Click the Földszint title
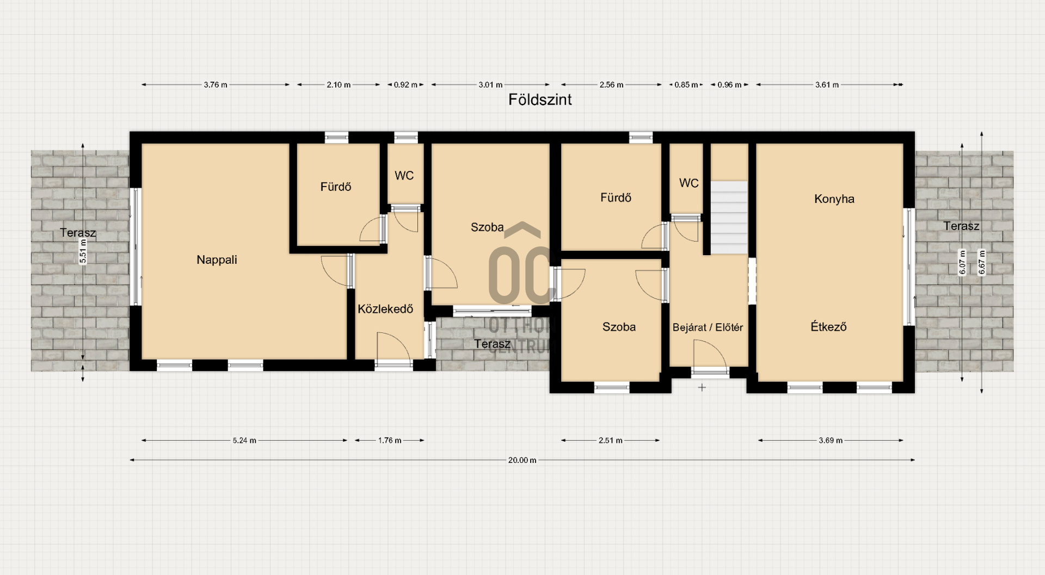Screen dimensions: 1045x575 point(540,100)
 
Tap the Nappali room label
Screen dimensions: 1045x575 point(217,260)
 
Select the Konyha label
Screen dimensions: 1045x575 point(834,199)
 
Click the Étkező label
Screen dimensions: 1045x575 point(828,327)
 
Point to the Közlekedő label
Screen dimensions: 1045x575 point(385,309)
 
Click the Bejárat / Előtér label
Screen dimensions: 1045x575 point(708,327)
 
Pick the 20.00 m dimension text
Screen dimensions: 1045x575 point(522,460)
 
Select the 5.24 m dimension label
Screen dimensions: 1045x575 point(244,441)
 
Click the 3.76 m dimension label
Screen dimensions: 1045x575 point(216,85)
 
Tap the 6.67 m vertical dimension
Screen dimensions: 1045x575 point(981,262)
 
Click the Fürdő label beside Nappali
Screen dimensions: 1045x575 point(336,187)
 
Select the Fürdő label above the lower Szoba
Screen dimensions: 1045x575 point(616,198)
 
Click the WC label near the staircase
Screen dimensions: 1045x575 point(689,183)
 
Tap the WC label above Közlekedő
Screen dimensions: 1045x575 point(404,176)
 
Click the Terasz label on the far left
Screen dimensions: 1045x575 point(78,233)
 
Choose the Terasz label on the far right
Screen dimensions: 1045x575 point(961,226)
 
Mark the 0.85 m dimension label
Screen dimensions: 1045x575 point(686,85)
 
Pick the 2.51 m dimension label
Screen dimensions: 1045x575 point(610,441)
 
